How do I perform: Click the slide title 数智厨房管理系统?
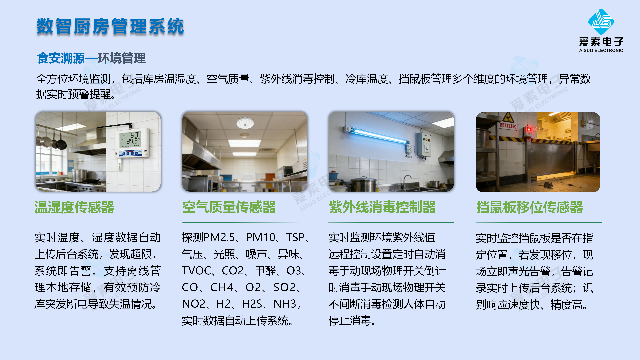[110, 26]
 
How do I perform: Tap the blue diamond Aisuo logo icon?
[601, 22]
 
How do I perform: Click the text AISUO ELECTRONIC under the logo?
[601, 51]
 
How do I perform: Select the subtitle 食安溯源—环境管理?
[91, 58]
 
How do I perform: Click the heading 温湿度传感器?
[74, 207]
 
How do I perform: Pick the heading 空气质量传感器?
[229, 207]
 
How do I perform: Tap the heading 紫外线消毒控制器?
[382, 207]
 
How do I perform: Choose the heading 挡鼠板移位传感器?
[530, 207]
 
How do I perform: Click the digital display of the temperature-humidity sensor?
[130, 139]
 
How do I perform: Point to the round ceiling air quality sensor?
[245, 123]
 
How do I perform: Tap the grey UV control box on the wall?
[423, 144]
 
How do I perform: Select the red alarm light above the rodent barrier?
[528, 129]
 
